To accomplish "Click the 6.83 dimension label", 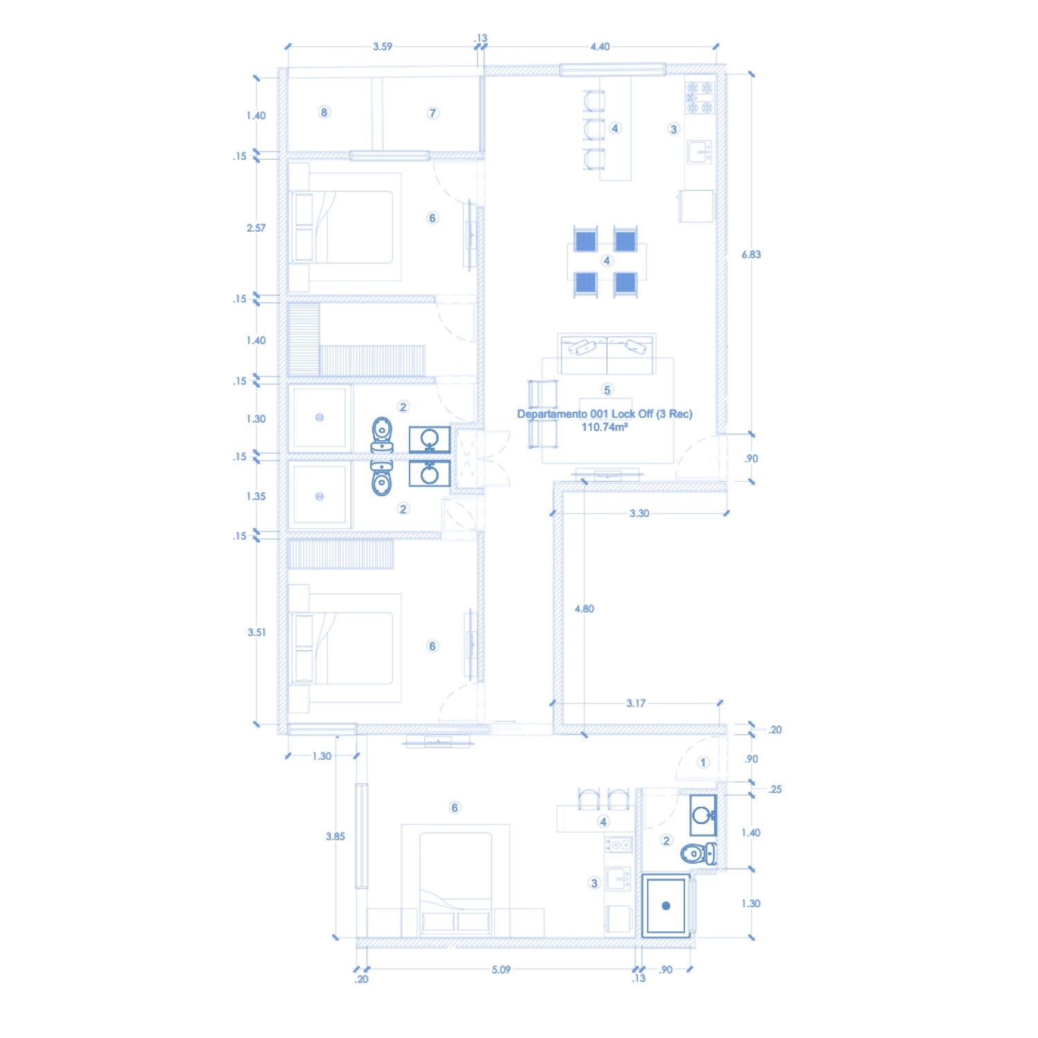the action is (x=751, y=255).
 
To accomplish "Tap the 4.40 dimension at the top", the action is (x=600, y=47).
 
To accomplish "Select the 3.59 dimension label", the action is (x=382, y=47).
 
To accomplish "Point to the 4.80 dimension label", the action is (x=584, y=609).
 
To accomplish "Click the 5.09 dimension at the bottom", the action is (x=501, y=969).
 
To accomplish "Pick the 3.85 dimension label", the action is (x=335, y=837).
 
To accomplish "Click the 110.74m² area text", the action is (x=605, y=427).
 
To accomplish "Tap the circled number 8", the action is (x=324, y=112).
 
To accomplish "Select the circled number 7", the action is (x=432, y=113).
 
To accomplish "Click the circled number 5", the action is (x=607, y=390).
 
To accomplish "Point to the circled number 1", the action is (x=703, y=763).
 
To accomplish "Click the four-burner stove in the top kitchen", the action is (x=700, y=98).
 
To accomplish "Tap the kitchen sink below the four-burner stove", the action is (x=700, y=152).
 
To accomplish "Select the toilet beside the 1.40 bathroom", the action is (x=698, y=854).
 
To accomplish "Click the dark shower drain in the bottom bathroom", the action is (x=666, y=906).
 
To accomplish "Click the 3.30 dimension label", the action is (x=639, y=513).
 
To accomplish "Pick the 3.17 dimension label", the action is (x=636, y=703).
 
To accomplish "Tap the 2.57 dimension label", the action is (x=256, y=228).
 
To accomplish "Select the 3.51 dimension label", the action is (x=256, y=632).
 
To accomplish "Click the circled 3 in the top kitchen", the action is (x=673, y=129).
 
